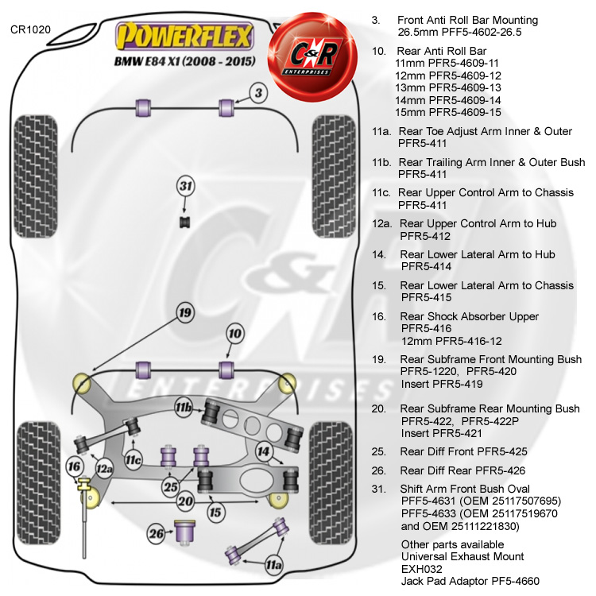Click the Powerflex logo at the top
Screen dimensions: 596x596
(x=184, y=37)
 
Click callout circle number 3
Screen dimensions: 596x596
(x=258, y=94)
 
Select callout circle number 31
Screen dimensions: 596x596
(x=185, y=187)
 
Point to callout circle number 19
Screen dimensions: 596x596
(x=185, y=313)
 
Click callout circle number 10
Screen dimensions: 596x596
(x=234, y=334)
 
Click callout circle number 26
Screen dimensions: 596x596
(x=157, y=532)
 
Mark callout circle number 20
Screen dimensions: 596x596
(x=185, y=501)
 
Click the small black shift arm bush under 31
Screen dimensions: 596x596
(x=185, y=220)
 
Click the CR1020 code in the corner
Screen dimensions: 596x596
(x=31, y=30)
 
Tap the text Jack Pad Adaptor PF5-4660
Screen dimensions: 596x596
(x=470, y=582)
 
